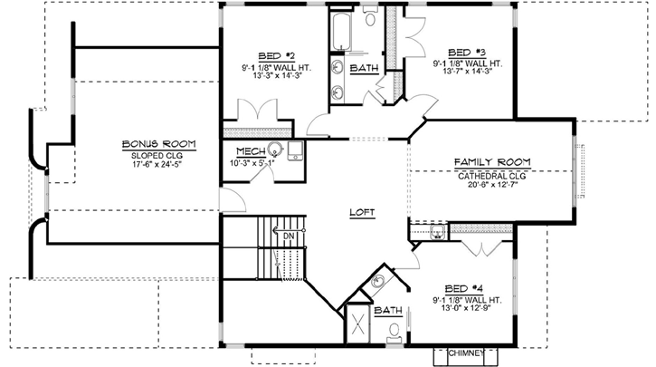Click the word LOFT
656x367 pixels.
[x=362, y=213]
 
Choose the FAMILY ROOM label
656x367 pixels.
[x=492, y=162]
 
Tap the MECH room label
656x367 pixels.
[x=249, y=151]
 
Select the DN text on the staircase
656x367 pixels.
[x=290, y=237]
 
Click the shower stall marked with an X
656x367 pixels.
[x=359, y=324]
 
